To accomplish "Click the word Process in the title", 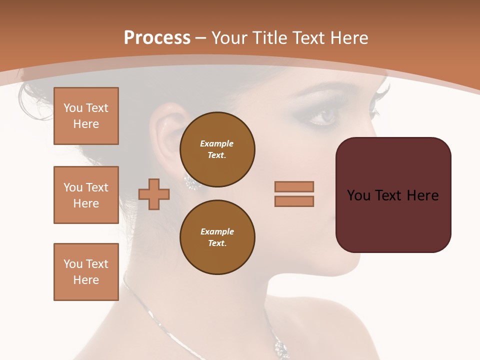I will pos(157,37).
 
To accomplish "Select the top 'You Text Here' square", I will pos(86,116).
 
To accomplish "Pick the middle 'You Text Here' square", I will pos(86,195).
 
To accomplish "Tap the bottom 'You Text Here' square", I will pos(86,272).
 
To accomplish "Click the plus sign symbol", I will pos(154,194).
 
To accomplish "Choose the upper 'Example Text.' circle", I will pos(217,149).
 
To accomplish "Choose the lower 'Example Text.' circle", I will pos(217,237).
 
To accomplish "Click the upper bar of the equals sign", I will pos(294,186).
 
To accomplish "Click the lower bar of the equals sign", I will pos(294,201).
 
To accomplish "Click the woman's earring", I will pos(192,182).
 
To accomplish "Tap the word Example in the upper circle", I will pos(216,144).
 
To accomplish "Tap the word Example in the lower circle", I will pos(217,232).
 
